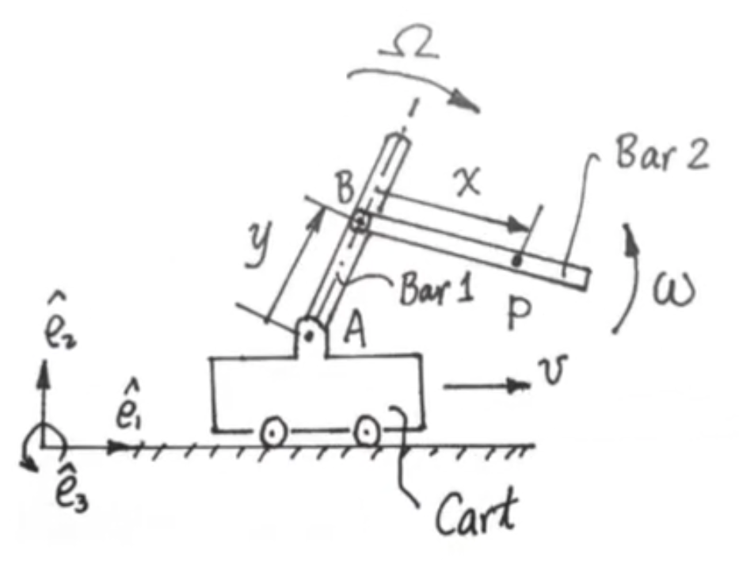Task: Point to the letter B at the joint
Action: click(345, 187)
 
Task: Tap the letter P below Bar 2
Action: click(519, 313)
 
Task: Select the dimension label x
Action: click(467, 181)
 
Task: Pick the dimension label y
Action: click(259, 245)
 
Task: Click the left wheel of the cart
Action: click(273, 432)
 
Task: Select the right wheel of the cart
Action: click(366, 431)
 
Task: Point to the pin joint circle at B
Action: click(360, 220)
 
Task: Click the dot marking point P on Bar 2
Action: click(517, 260)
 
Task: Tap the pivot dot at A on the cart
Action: click(309, 336)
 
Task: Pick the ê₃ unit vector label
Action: click(70, 491)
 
